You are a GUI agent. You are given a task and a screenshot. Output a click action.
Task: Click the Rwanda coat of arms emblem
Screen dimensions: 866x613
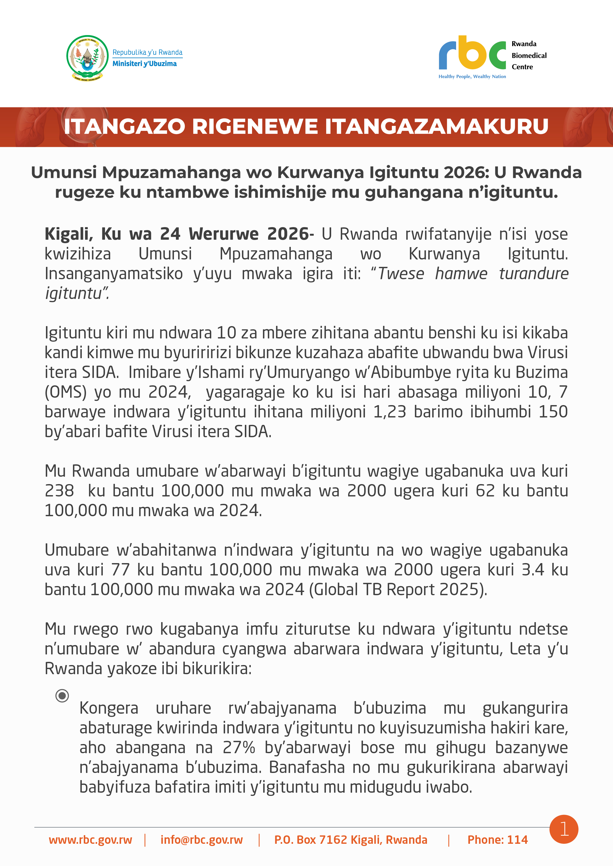tap(87, 58)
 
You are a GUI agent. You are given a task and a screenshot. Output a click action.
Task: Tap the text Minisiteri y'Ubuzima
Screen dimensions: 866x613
tap(145, 64)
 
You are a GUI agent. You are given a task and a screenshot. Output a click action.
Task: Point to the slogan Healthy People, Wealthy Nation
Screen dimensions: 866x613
tap(472, 77)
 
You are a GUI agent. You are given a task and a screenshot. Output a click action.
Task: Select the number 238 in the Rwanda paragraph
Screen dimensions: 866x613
tap(59, 491)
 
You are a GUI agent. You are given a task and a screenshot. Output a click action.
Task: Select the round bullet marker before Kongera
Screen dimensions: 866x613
tap(62, 695)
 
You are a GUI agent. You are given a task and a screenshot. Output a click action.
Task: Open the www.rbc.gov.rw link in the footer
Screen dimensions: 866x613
tap(91, 840)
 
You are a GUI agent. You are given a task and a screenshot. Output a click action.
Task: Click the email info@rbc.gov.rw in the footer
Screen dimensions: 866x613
tap(202, 840)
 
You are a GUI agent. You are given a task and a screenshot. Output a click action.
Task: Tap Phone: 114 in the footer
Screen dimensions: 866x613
tap(498, 840)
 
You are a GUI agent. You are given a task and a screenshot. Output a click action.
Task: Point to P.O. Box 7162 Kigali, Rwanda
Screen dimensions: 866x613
tap(351, 840)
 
